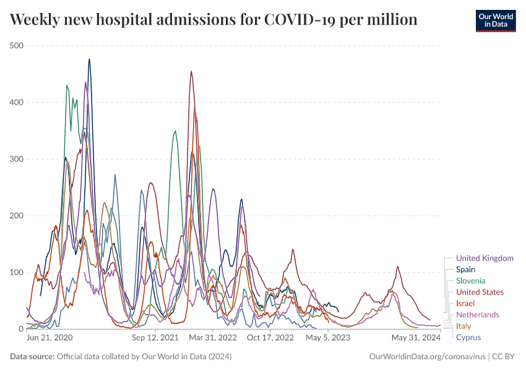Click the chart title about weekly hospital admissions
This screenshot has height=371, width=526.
pos(213,20)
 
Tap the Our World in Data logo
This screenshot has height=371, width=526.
pos(495,20)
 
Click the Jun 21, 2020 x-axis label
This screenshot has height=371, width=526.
pos(50,338)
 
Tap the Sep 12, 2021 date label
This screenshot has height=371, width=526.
pos(155,338)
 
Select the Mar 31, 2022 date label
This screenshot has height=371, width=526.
pos(213,338)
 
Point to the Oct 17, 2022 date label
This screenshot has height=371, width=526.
pos(270,338)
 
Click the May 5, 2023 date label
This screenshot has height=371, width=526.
pos(328,338)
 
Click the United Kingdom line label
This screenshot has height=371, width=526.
pos(485,258)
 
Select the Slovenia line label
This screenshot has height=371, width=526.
pos(472,281)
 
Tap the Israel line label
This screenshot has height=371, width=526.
pos(465,304)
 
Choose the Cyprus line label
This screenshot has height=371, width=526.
pos(468,338)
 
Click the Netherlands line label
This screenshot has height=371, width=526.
pos(477,315)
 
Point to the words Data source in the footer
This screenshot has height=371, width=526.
pos(32,357)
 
